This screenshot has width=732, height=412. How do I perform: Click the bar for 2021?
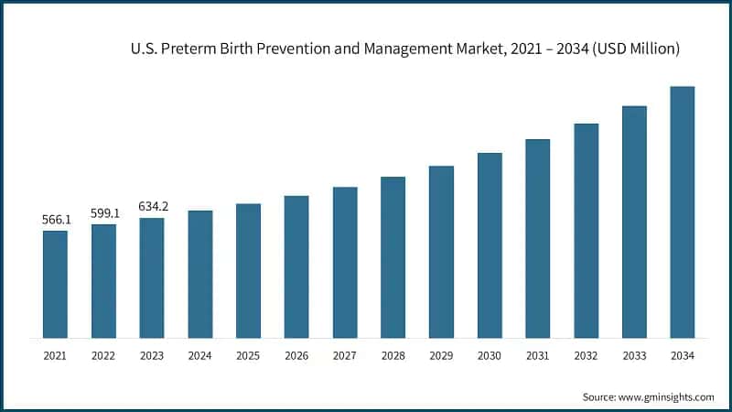55,284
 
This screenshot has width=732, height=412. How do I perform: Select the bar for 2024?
199,274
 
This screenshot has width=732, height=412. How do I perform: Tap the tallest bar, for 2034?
682,211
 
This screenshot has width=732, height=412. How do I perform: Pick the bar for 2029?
441,252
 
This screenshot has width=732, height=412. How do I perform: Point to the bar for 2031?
537,238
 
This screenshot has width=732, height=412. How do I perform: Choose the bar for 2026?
296,266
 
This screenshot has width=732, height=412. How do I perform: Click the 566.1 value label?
55,221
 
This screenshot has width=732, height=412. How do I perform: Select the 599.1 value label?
103,213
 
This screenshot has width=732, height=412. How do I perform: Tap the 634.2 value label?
152,207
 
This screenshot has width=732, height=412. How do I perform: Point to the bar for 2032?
586,230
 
